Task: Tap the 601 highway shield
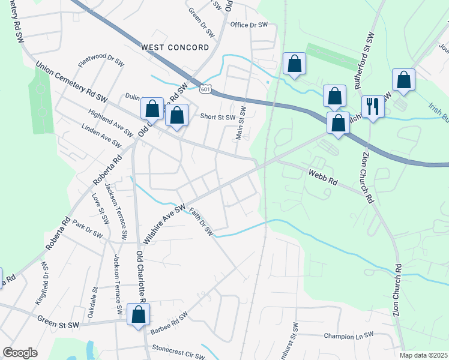205,89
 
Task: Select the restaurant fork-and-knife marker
373,107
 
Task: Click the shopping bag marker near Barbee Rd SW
138,314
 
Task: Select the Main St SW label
241,123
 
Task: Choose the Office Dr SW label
249,25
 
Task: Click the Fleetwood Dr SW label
101,61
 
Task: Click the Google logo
20,353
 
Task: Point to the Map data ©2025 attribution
423,355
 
